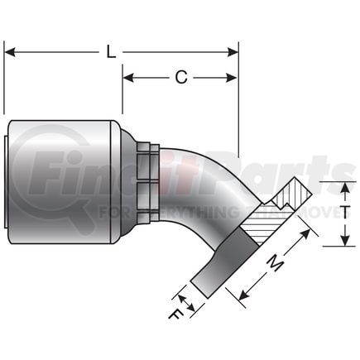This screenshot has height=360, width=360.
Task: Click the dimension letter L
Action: [x=111, y=51]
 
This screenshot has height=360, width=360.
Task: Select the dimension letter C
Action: [x=180, y=78]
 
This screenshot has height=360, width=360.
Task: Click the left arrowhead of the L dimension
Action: [x=10, y=52]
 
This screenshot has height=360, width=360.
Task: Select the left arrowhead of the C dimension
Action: [x=128, y=79]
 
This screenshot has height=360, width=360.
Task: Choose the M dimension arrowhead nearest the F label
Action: [x=242, y=295]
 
